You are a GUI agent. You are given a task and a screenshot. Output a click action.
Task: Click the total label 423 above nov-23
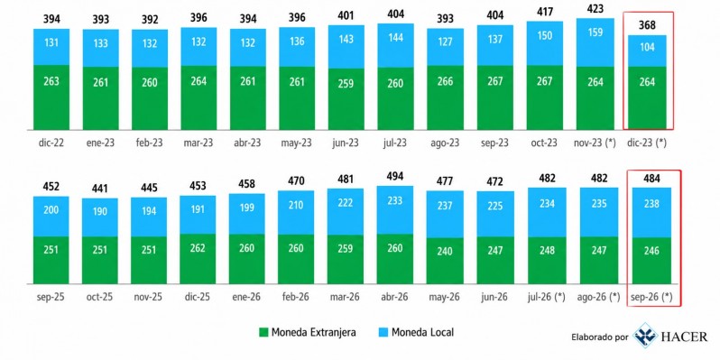pyautogui.click(x=595, y=10)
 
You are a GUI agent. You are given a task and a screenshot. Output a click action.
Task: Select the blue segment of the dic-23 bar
pyautogui.click(x=647, y=51)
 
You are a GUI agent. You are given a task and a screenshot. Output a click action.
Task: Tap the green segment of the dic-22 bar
pyautogui.click(x=51, y=97)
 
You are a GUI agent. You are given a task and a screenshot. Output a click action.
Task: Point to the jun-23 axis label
pyautogui.click(x=346, y=143)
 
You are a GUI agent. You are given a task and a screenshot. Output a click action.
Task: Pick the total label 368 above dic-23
pyautogui.click(x=647, y=24)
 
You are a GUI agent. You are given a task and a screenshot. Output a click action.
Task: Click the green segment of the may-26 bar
pyautogui.click(x=445, y=261)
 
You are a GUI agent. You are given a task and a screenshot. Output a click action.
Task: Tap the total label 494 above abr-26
pyautogui.click(x=395, y=176)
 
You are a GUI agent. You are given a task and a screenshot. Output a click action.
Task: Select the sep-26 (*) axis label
pyautogui.click(x=652, y=297)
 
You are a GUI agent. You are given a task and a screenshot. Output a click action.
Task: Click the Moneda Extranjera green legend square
pyautogui.click(x=263, y=332)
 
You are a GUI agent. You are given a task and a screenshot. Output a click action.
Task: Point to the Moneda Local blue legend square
pyautogui.click(x=383, y=332)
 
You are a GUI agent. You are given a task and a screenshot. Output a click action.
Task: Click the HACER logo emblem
pyautogui.click(x=645, y=336)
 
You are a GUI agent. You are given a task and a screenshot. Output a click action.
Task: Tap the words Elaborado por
pyautogui.click(x=599, y=337)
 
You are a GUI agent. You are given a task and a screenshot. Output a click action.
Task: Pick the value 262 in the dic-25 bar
pyautogui.click(x=198, y=247)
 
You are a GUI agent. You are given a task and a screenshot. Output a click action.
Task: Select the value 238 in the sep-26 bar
pyautogui.click(x=651, y=204)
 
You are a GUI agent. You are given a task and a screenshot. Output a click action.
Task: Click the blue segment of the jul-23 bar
pyautogui.click(x=396, y=45)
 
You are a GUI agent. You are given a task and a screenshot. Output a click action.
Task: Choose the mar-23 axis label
pyautogui.click(x=198, y=143)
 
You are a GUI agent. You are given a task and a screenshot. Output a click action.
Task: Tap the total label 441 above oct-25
pyautogui.click(x=100, y=189)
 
